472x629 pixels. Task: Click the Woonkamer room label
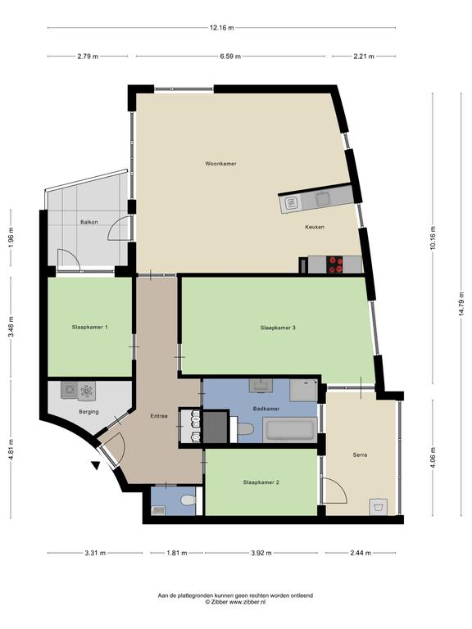[x=220, y=164]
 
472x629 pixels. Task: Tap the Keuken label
[x=315, y=227]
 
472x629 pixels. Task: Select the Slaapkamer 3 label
[x=278, y=328]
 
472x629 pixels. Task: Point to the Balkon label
[x=88, y=222]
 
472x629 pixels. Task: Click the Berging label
[x=88, y=412]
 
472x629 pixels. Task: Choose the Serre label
[x=360, y=455]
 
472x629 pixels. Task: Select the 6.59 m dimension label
[x=230, y=57]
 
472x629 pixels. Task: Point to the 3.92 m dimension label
[x=261, y=553]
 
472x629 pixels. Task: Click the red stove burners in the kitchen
[x=336, y=265]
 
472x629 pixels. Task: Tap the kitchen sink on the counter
[x=292, y=204]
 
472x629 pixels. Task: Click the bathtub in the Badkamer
[x=290, y=430]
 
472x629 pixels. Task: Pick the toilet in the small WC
[x=188, y=500]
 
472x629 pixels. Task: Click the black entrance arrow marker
[x=96, y=466]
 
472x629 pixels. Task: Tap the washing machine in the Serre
[x=378, y=507]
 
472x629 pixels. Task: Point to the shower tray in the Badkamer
[x=303, y=391]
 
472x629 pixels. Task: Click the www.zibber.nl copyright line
[x=235, y=602]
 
